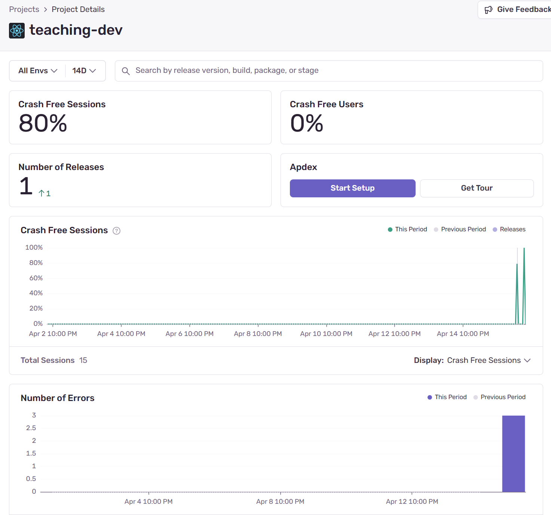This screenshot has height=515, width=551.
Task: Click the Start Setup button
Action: pos(352,188)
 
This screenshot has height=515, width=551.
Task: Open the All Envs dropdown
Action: pos(38,71)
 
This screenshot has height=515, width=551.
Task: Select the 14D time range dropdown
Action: pos(84,71)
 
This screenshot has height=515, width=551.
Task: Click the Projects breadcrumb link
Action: pos(24,9)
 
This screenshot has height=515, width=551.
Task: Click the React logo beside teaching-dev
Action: pos(17,31)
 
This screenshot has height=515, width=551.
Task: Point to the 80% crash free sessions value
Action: pos(43,123)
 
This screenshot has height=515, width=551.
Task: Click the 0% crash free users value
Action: pos(307,123)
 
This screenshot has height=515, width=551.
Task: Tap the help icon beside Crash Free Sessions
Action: pos(117,231)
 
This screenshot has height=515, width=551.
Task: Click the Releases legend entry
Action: pos(509,229)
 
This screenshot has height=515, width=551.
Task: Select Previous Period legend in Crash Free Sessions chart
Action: pos(460,229)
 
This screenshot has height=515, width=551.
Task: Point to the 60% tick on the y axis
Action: pos(36,278)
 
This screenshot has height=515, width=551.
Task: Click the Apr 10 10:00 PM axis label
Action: pos(326,334)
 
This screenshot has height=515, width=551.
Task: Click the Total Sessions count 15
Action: pos(83,360)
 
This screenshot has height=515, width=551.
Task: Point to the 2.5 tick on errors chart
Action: pos(31,428)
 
